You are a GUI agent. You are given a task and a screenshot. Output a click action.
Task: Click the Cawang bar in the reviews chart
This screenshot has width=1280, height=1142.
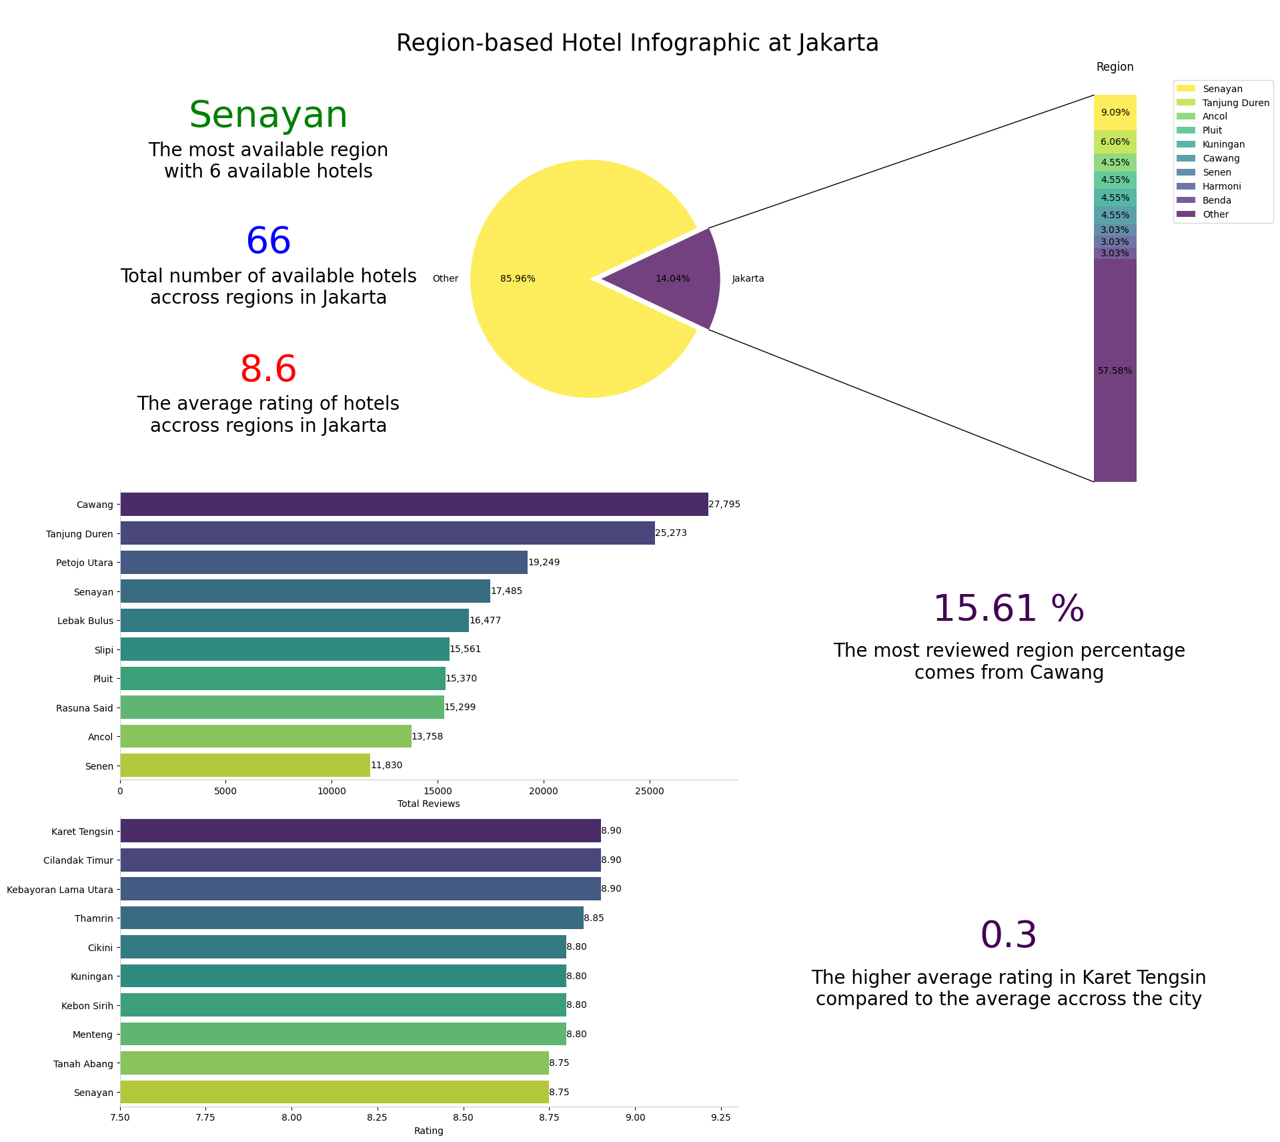pyautogui.click(x=414, y=505)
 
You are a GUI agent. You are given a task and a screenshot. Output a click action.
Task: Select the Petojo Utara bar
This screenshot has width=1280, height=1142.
pyautogui.click(x=324, y=563)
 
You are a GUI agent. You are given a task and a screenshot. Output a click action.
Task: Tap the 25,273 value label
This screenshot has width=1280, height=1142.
pyautogui.click(x=670, y=533)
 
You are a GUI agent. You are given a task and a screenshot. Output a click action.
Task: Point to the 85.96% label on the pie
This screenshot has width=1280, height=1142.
pyautogui.click(x=518, y=279)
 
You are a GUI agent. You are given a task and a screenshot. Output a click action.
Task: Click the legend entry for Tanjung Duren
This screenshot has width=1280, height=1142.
pyautogui.click(x=1235, y=103)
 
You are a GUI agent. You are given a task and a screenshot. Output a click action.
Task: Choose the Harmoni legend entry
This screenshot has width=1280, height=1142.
pyautogui.click(x=1221, y=186)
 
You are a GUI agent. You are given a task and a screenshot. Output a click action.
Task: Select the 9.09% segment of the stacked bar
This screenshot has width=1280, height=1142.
pyautogui.click(x=1115, y=112)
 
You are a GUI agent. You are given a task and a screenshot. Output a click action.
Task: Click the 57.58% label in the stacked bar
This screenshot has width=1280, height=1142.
pyautogui.click(x=1115, y=371)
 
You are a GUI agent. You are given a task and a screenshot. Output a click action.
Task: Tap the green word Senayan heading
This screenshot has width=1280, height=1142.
pyautogui.click(x=268, y=115)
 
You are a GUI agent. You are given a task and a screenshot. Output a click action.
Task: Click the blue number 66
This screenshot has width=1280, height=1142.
pyautogui.click(x=268, y=242)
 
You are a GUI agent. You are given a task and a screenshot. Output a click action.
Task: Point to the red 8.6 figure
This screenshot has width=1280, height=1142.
pyautogui.click(x=268, y=369)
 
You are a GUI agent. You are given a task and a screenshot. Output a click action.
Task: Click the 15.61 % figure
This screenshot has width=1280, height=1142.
pyautogui.click(x=1008, y=609)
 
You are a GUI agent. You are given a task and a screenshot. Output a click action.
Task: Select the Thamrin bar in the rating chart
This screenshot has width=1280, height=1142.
pyautogui.click(x=352, y=918)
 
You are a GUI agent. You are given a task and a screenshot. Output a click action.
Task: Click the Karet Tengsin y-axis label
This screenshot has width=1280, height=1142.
pyautogui.click(x=82, y=832)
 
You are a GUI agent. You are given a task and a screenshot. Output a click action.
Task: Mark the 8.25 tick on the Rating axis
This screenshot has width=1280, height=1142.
pyautogui.click(x=377, y=1117)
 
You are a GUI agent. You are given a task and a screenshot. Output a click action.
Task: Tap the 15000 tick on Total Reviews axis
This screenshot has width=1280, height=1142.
pyautogui.click(x=438, y=792)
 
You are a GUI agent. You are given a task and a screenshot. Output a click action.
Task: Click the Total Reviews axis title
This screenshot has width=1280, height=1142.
pyautogui.click(x=428, y=804)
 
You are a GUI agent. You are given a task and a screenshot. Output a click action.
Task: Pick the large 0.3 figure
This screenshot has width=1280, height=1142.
pyautogui.click(x=1008, y=935)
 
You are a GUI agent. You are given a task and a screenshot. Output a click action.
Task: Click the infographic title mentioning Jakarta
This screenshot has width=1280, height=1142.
pyautogui.click(x=637, y=43)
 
